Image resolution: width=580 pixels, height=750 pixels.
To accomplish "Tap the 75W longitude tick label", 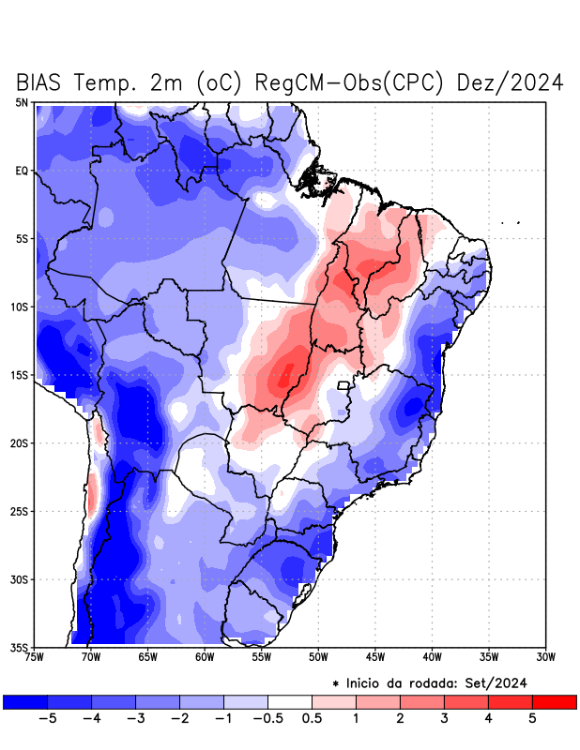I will [x=33, y=656].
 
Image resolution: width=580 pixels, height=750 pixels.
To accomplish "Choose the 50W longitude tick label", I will [x=318, y=656].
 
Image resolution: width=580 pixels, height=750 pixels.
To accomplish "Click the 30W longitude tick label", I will [x=546, y=656].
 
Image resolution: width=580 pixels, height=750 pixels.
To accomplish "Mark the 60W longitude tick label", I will [x=204, y=656].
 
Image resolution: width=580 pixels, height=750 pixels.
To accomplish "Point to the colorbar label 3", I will [x=444, y=718].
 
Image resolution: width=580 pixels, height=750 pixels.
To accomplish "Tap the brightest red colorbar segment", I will [x=554, y=701].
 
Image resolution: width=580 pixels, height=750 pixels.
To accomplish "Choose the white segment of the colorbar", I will [x=289, y=701].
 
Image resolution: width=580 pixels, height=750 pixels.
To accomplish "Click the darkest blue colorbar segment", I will [x=24, y=701].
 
